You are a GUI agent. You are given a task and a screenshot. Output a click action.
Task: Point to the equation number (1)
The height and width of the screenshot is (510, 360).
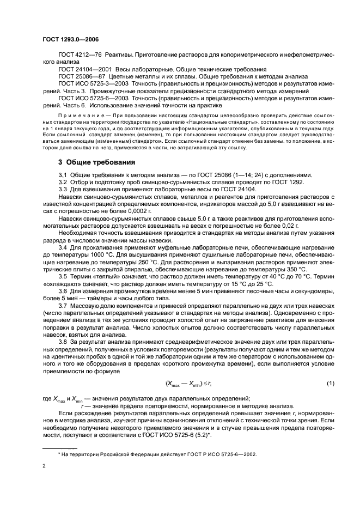(330, 384)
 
